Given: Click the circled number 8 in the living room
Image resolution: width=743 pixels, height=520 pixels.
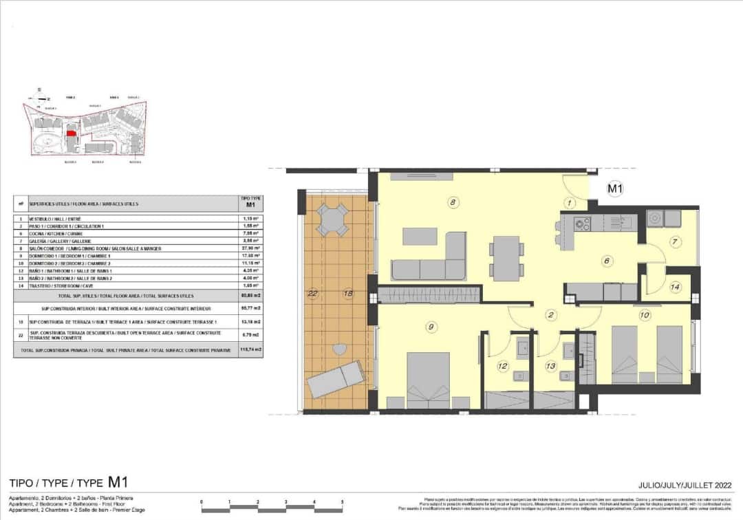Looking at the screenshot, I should tap(452, 202).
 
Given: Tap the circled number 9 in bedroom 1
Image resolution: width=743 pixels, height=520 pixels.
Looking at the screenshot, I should tap(431, 327).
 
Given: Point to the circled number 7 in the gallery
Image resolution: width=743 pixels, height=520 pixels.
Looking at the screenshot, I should tap(675, 241).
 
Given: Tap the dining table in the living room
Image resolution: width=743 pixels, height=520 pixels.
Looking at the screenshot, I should tap(506, 258).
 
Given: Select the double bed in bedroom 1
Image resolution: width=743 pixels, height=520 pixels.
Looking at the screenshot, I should tap(438, 380).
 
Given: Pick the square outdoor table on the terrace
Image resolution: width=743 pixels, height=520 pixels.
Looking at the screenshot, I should tap(333, 221).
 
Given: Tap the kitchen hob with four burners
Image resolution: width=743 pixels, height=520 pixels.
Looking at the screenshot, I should tap(582, 224).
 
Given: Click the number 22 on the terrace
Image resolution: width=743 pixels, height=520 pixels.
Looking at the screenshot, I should tap(313, 294).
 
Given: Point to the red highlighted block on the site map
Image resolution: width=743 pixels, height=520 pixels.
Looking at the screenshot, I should tap(70, 135).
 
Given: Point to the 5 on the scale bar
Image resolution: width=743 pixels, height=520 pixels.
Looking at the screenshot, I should tap(342, 503).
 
